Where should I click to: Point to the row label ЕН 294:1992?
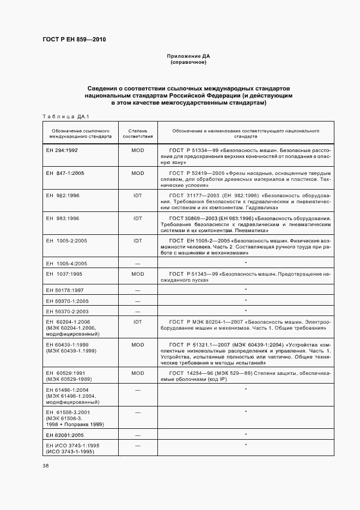pos(62,150)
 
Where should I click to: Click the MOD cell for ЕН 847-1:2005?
pos(137,173)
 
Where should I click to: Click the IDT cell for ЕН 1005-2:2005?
pos(137,240)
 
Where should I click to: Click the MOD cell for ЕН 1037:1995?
pos(137,274)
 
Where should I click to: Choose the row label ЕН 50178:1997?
pos(63,290)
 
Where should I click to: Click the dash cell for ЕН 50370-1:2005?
pos(137,301)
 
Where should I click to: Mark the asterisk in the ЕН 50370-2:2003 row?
pos(246,311)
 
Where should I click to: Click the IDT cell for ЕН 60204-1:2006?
pos(137,321)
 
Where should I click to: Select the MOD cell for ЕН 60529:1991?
pos(137,373)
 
